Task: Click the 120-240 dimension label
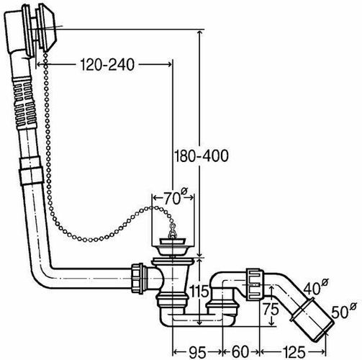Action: (107, 65)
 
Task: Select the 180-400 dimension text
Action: (201, 156)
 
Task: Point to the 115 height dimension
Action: (199, 292)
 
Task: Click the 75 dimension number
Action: (271, 309)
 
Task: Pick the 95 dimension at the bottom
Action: (197, 352)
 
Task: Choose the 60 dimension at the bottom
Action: (240, 352)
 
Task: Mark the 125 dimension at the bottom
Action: (294, 352)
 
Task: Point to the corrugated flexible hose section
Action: (24, 103)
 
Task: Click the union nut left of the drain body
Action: (137, 278)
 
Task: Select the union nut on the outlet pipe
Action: (255, 284)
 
